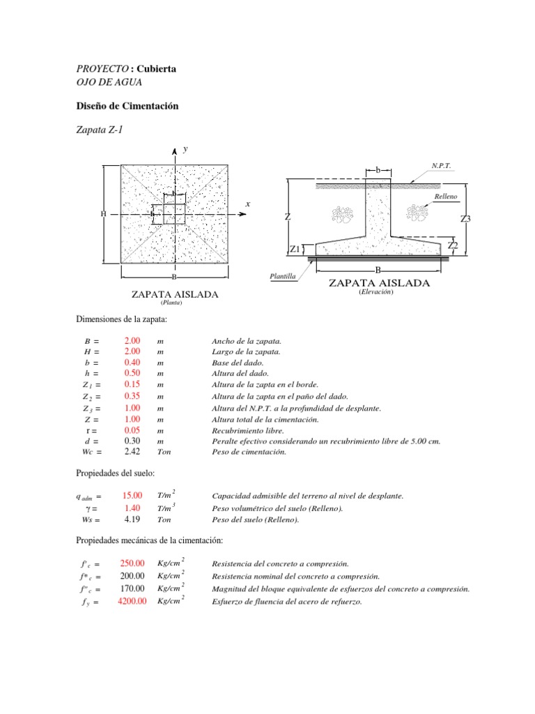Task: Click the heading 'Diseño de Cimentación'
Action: pyautogui.click(x=127, y=106)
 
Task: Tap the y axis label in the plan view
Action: pyautogui.click(x=185, y=149)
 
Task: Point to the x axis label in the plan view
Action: pyautogui.click(x=247, y=204)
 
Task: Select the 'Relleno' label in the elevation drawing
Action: pyautogui.click(x=446, y=197)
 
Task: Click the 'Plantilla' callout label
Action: pyautogui.click(x=284, y=276)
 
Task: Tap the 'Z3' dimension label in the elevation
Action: pyautogui.click(x=466, y=219)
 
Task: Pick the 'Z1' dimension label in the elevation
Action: pyautogui.click(x=295, y=249)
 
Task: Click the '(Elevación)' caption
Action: pyautogui.click(x=376, y=292)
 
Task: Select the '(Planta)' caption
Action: pyautogui.click(x=171, y=303)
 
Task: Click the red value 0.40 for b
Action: pyautogui.click(x=132, y=363)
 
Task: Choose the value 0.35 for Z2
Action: pyautogui.click(x=132, y=396)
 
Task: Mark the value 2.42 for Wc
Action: pyautogui.click(x=132, y=452)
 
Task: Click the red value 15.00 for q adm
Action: pyautogui.click(x=132, y=496)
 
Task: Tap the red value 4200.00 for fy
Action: pyautogui.click(x=132, y=601)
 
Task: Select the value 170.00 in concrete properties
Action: pyautogui.click(x=132, y=588)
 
